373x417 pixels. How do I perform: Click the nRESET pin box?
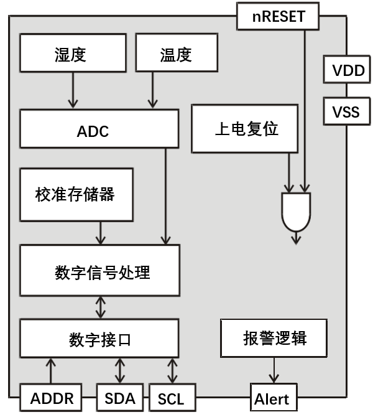tap(279, 15)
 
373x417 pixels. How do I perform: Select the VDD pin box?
tap(348, 69)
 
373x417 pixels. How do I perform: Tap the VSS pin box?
tap(346, 111)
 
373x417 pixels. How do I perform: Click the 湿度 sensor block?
tap(70, 54)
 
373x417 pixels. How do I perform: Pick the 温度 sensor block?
tap(175, 54)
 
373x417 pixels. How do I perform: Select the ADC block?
tap(93, 131)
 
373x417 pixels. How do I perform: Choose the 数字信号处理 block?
tap(99, 271)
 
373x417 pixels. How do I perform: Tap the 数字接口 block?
tap(99, 339)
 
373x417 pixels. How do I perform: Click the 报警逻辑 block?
tap(274, 339)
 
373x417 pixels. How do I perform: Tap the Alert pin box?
tap(272, 399)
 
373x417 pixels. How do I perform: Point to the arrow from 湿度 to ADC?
tap(74, 90)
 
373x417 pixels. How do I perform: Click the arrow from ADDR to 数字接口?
tap(52, 372)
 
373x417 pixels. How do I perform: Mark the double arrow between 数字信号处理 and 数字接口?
tap(99, 307)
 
